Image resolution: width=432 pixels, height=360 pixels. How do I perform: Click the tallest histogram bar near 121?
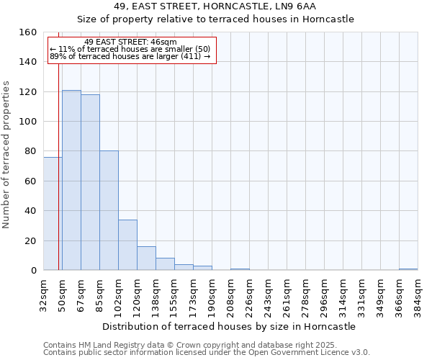(x=71, y=180)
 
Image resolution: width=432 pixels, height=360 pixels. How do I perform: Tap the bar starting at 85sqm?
(x=109, y=210)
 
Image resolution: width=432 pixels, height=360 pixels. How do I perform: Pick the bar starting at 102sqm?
(x=127, y=245)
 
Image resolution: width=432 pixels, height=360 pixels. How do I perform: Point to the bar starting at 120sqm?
(x=146, y=258)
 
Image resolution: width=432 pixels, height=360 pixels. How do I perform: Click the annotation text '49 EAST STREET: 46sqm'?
(x=130, y=42)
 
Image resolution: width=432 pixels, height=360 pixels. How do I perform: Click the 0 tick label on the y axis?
(x=33, y=271)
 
